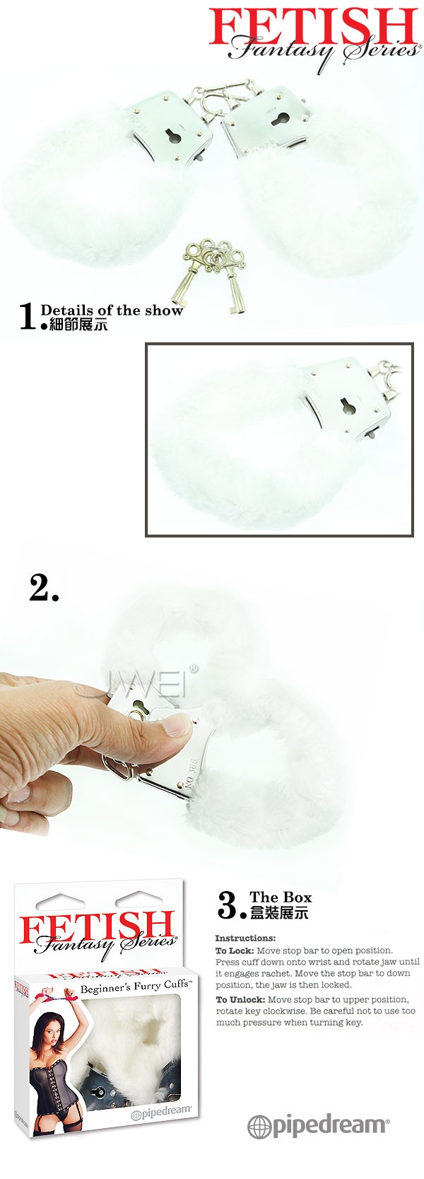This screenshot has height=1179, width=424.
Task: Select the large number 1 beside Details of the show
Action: coord(28,316)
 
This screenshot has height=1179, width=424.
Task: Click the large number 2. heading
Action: coord(44,588)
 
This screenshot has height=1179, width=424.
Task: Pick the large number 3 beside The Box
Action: coord(228,905)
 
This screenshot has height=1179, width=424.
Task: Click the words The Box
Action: coord(281,897)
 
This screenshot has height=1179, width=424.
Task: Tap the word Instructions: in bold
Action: coord(245,938)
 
